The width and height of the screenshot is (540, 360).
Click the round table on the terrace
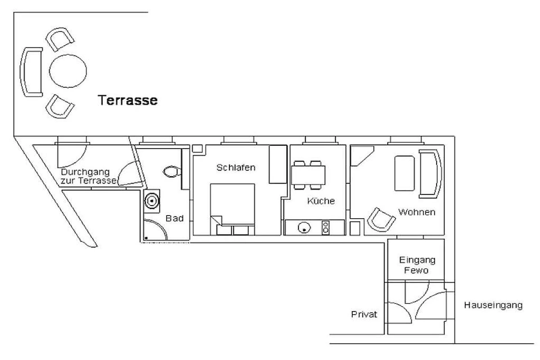pos(68,71)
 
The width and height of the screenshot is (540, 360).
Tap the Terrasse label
pos(127,100)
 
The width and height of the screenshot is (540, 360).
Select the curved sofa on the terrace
pos(31,72)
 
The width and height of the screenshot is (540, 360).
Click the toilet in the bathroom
pos(172,172)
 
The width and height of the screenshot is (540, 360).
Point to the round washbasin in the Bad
pos(152,201)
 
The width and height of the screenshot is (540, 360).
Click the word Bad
pos(175,218)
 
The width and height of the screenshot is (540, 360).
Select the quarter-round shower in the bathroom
pos(155,229)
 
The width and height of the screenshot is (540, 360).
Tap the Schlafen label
pos(236,167)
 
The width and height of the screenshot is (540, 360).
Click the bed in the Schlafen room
pos(232,209)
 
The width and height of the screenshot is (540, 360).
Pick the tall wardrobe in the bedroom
pos(278,164)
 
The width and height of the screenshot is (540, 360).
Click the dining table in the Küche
pos(308,175)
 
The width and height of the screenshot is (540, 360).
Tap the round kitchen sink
pos(304,227)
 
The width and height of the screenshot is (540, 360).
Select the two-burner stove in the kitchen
pos(325,228)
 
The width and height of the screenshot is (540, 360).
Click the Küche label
pos(321,201)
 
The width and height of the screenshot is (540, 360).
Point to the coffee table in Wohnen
pos(404,173)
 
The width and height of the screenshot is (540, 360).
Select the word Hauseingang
pos(493,305)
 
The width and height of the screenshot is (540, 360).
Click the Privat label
pos(364,314)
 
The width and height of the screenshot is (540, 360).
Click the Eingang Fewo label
pos(417,265)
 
